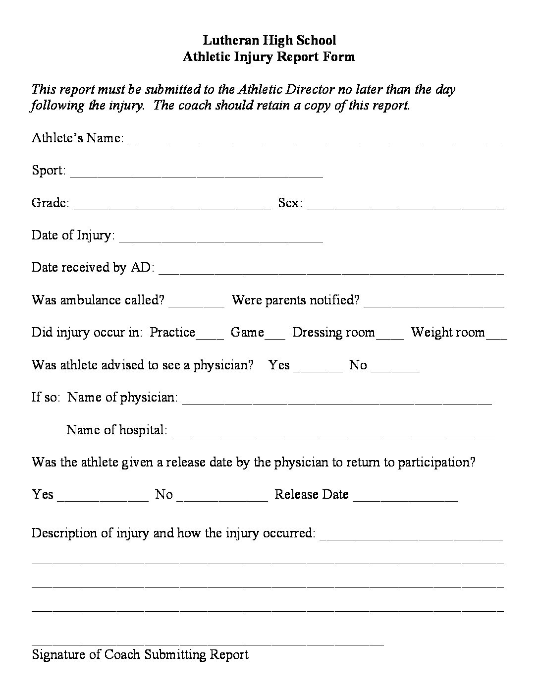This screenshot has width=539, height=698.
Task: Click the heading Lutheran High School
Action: pos(269,40)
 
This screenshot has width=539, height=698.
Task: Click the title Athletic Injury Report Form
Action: pos(269,57)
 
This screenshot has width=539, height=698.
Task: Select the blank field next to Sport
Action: pos(197,174)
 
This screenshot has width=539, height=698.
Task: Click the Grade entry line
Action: pos(172,206)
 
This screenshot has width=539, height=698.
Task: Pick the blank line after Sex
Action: pos(405,206)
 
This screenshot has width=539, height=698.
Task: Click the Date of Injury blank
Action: pos(221,238)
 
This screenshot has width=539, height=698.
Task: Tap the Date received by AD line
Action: pos(331,271)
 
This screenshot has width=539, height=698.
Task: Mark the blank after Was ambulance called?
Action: pos(197,303)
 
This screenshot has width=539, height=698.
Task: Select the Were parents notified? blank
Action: pos(434,303)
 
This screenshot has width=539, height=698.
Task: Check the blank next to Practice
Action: pos(210,336)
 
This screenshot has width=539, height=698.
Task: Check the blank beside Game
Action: pos(275,336)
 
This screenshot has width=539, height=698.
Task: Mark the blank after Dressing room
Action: pos(390,336)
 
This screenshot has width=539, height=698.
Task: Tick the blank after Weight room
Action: pos(497,336)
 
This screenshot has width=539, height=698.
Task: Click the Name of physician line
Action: pos(337,401)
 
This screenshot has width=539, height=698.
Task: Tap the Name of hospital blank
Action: pos(333,433)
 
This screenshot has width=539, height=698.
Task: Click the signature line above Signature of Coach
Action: pos(208,642)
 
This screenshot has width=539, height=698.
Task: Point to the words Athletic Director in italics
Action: pos(286,90)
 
